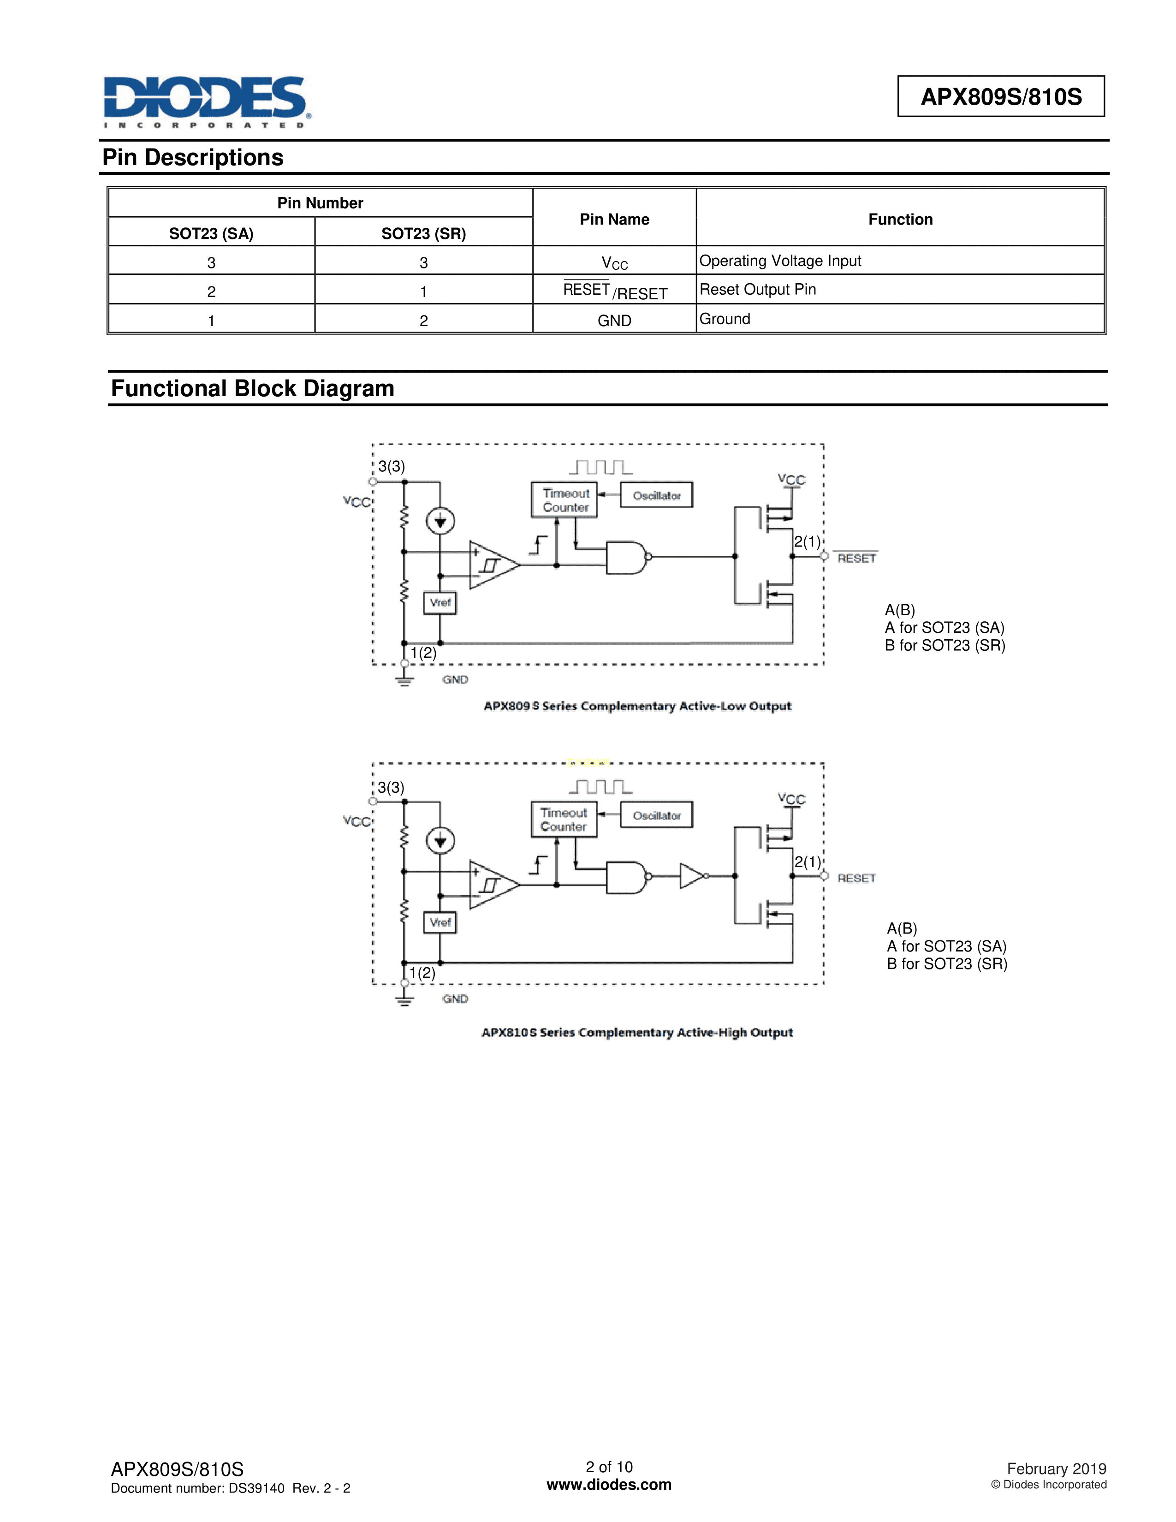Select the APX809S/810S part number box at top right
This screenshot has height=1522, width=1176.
1000,96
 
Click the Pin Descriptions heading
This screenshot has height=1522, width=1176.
193,157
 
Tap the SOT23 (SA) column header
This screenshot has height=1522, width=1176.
211,233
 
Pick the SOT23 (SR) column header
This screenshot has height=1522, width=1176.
423,233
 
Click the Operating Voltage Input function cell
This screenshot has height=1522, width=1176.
780,261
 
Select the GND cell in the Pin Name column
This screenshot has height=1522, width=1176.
614,321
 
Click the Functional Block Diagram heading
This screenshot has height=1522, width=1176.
252,388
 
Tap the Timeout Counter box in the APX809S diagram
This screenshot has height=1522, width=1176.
565,499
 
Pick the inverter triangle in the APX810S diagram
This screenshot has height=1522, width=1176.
692,876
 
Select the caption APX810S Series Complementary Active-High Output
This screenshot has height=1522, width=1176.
637,1033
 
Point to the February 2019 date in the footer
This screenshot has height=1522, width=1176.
1056,1468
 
